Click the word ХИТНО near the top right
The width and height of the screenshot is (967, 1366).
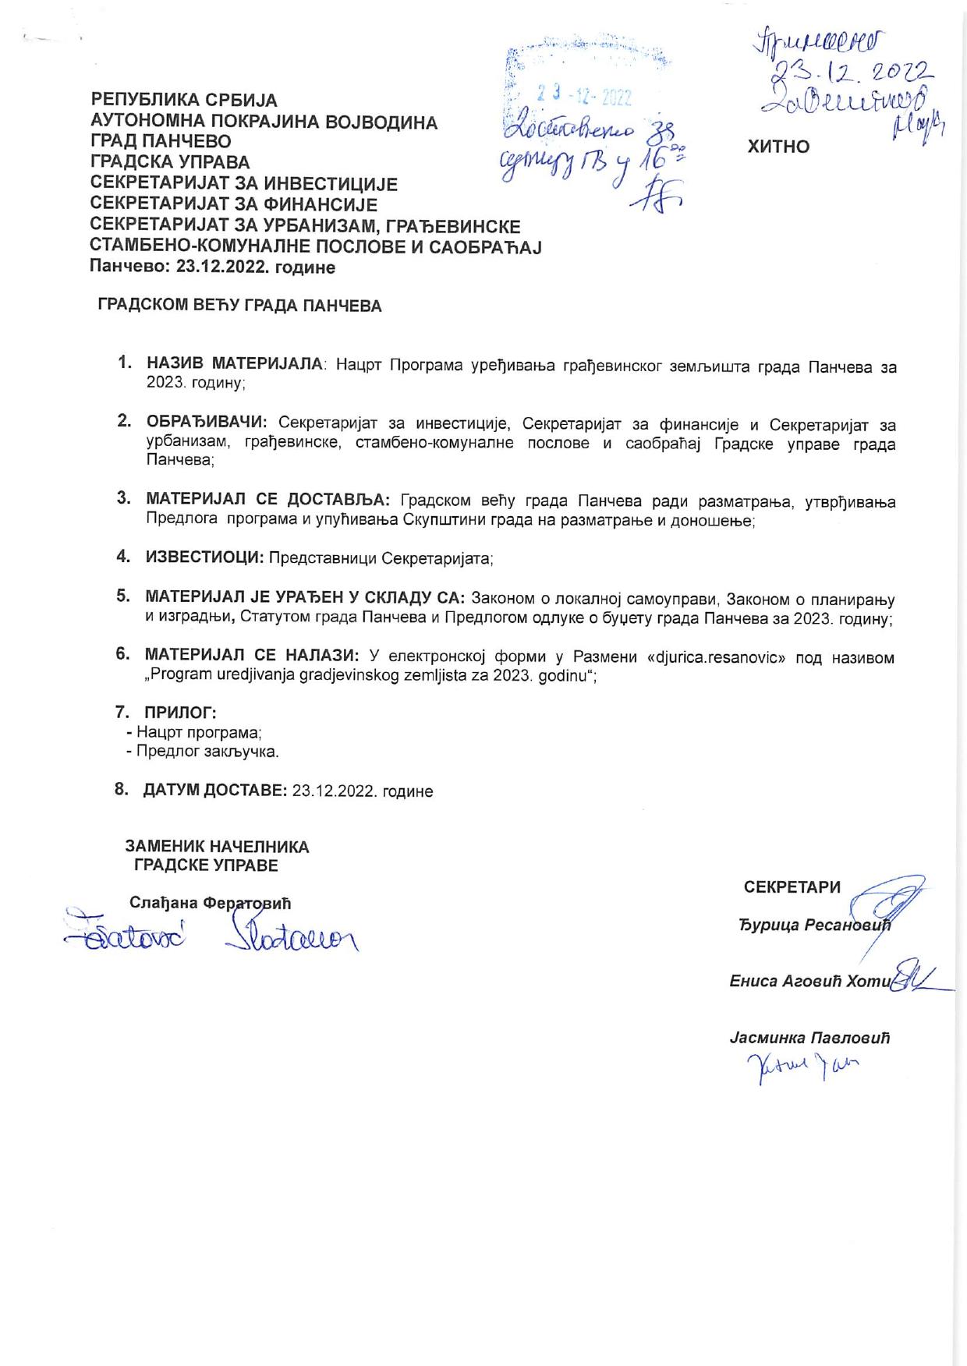coord(778,147)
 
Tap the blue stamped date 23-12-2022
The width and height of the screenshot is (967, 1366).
coord(584,96)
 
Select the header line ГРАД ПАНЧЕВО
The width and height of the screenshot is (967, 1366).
coord(161,143)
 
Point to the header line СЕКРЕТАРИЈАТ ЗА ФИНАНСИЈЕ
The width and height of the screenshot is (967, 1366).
coord(234,205)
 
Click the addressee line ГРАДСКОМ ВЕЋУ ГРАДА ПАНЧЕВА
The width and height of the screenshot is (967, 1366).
coord(239,306)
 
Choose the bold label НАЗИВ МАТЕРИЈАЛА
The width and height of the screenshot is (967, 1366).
coord(235,364)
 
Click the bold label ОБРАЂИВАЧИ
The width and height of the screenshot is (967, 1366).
coord(207,422)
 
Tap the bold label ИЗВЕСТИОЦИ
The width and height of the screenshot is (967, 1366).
coord(204,557)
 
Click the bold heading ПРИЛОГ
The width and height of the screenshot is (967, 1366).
coord(179,712)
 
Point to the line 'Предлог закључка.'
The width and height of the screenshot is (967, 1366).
coord(202,752)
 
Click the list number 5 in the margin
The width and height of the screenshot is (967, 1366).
coord(122,596)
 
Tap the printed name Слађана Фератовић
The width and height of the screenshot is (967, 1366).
coord(210,904)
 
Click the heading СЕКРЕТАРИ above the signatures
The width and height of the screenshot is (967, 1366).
coord(792,887)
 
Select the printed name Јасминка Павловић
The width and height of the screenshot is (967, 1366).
coord(810,1039)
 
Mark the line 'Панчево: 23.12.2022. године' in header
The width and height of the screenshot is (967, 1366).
coord(213,267)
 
